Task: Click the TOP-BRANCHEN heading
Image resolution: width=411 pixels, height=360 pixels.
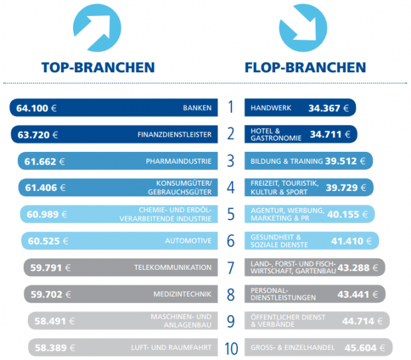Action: point(97,67)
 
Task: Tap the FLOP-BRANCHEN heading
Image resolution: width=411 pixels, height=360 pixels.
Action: point(305,67)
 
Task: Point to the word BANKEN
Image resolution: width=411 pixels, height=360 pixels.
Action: point(197,107)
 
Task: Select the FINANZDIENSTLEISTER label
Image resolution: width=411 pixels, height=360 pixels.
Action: point(174,135)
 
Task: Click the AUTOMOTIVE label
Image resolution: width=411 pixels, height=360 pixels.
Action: point(188,241)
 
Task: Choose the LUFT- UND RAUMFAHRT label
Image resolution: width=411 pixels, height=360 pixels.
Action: point(171,347)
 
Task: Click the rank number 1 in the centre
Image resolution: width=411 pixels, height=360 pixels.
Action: point(230,107)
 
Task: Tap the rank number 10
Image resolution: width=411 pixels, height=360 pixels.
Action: point(230,347)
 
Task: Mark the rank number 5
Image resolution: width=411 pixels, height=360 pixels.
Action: point(230,214)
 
